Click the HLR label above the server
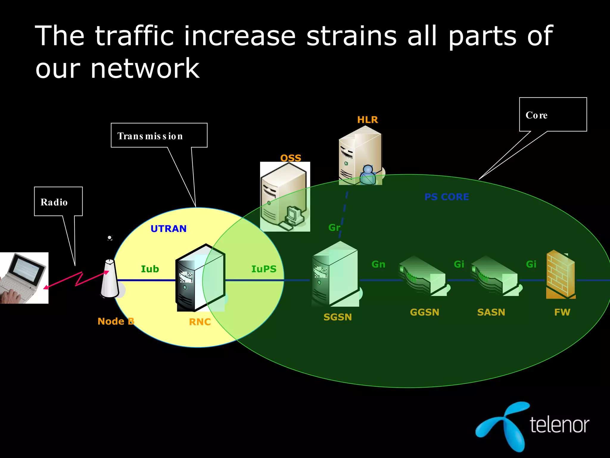click(367, 120)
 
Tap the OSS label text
click(291, 158)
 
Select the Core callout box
click(553, 114)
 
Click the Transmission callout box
click(159, 135)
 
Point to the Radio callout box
click(58, 202)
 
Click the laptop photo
click(24, 278)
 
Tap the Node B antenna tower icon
click(110, 279)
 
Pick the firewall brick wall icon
click(560, 275)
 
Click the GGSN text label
click(424, 312)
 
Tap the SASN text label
click(491, 312)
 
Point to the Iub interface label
click(150, 269)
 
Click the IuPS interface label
click(264, 269)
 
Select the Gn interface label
click(378, 264)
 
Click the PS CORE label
click(446, 197)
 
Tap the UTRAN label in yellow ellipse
click(169, 229)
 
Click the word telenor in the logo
click(559, 425)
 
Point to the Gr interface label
click(334, 228)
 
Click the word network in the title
click(145, 69)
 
